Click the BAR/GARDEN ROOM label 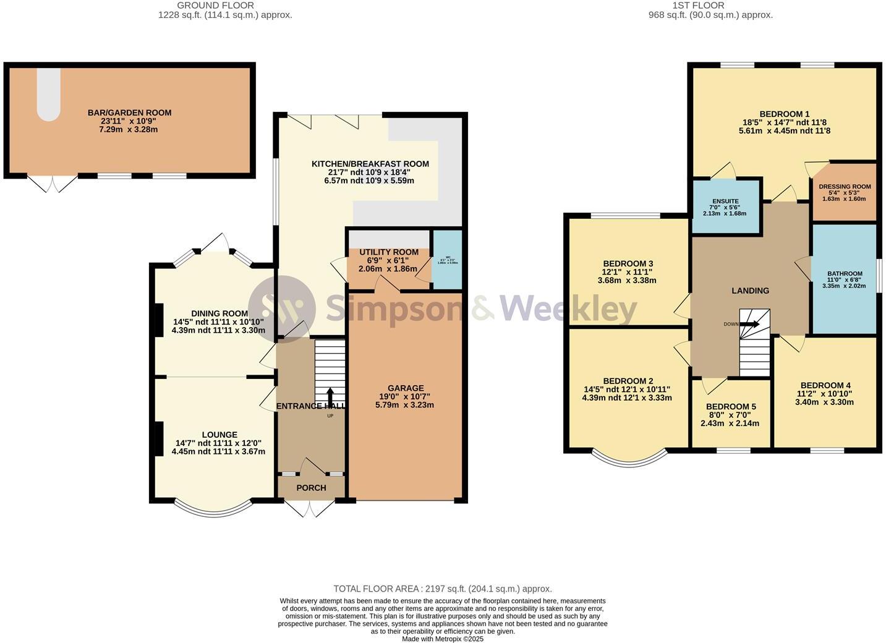pyautogui.click(x=129, y=113)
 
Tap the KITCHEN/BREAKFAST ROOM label pyautogui.click(x=370, y=164)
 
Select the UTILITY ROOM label pyautogui.click(x=389, y=252)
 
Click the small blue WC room pyautogui.click(x=447, y=260)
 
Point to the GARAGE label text pyautogui.click(x=406, y=388)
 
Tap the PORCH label pyautogui.click(x=311, y=488)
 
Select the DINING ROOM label pyautogui.click(x=219, y=313)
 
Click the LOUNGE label pyautogui.click(x=219, y=435)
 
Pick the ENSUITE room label pyautogui.click(x=725, y=202)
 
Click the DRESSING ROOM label pyautogui.click(x=845, y=187)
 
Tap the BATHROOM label pyautogui.click(x=845, y=274)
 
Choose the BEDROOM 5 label pyautogui.click(x=731, y=407)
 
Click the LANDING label pyautogui.click(x=750, y=291)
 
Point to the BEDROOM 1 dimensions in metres pyautogui.click(x=784, y=131)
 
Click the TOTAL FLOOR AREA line pyautogui.click(x=442, y=589)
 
